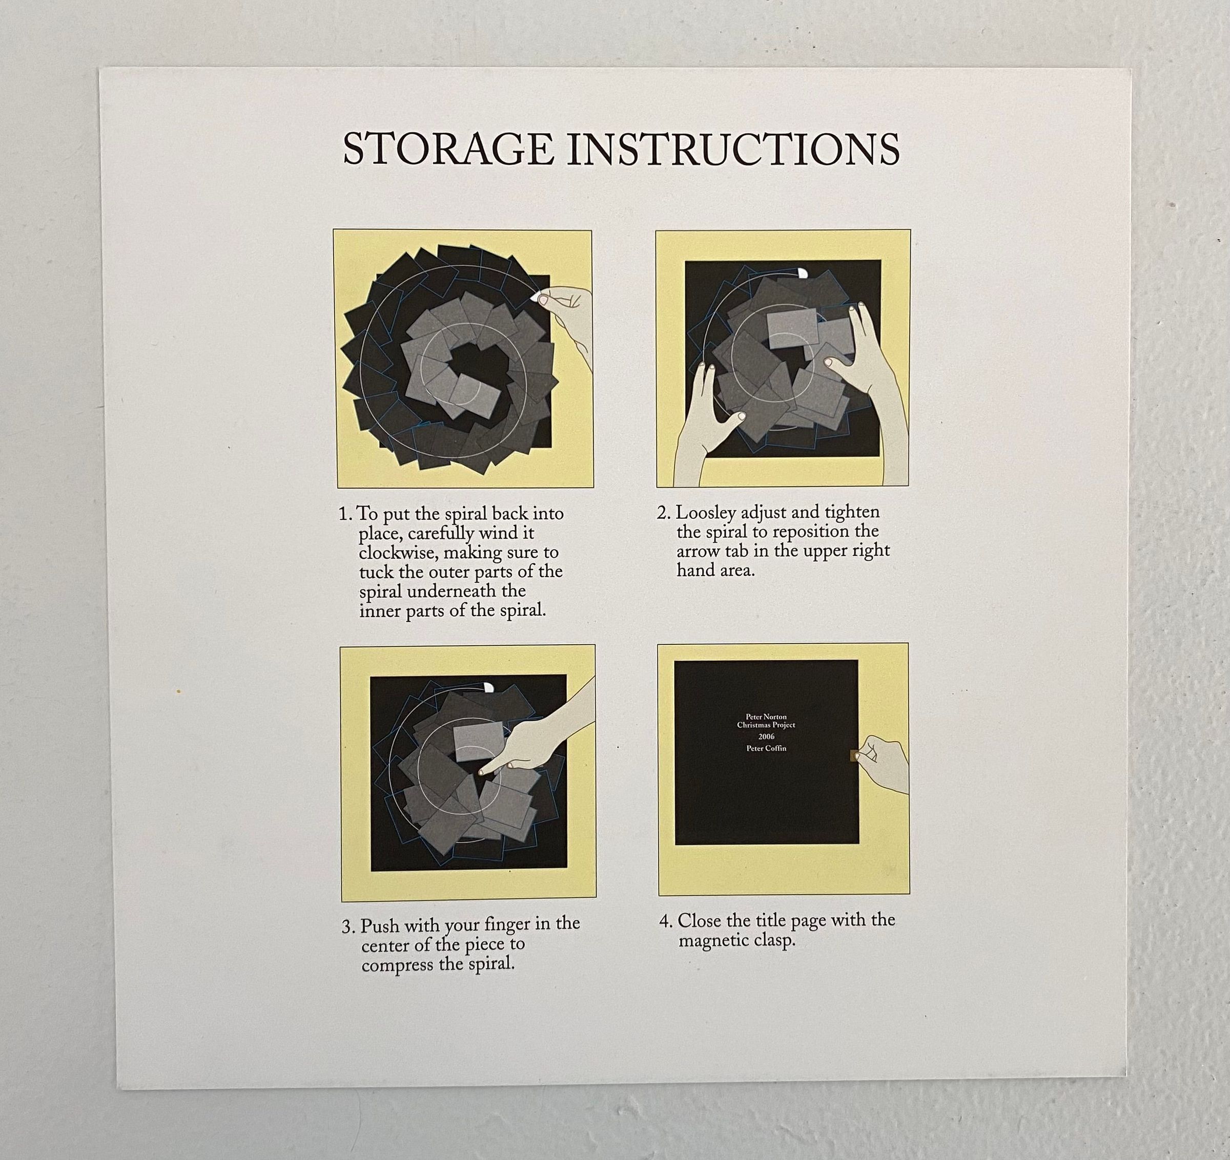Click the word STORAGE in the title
pos(448,149)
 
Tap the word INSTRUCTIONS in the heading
pos(734,149)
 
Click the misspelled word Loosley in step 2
pos(705,513)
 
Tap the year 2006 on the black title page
pos(766,736)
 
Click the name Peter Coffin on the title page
pos(766,748)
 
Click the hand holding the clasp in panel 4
pos(884,764)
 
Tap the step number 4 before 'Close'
pos(665,921)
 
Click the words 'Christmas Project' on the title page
pos(766,725)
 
